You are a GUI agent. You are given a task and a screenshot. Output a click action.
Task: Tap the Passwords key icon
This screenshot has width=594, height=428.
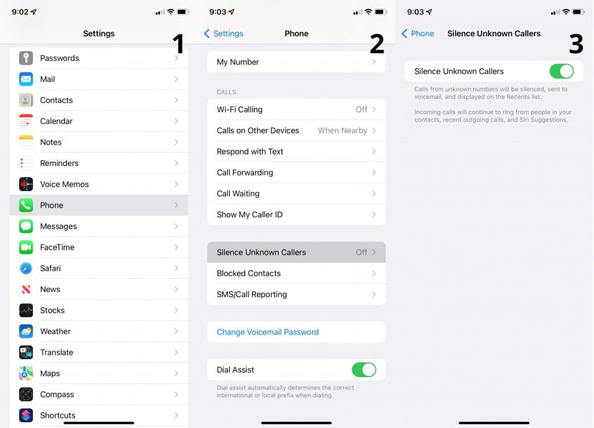[x=26, y=58]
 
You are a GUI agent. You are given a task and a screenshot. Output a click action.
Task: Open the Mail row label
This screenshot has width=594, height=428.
[x=48, y=79]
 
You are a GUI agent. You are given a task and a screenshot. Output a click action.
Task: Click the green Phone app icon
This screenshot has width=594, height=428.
[x=26, y=205]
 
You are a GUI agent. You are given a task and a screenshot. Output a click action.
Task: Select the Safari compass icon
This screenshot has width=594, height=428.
[x=26, y=268]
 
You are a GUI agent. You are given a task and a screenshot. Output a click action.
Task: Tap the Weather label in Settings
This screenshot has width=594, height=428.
[x=55, y=332]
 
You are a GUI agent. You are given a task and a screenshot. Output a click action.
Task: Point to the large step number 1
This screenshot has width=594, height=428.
[x=178, y=44]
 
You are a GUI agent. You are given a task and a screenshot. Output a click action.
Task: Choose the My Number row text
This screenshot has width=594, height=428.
[x=238, y=62]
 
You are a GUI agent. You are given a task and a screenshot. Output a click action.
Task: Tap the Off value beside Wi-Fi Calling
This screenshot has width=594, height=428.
[x=361, y=109]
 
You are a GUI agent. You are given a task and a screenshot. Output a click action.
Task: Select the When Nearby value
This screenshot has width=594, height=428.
[x=342, y=131]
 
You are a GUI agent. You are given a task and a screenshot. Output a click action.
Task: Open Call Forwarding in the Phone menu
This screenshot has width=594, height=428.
[x=245, y=172]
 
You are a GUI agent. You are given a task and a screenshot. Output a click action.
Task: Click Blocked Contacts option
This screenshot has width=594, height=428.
[x=249, y=274]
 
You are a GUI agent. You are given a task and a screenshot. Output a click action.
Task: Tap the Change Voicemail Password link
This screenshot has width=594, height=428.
[x=267, y=332]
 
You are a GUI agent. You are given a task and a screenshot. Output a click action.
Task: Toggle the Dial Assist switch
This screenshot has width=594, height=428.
[x=364, y=370]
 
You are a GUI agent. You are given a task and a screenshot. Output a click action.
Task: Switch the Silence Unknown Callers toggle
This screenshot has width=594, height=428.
[x=561, y=71]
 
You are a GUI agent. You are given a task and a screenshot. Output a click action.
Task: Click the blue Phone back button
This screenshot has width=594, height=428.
[x=418, y=34]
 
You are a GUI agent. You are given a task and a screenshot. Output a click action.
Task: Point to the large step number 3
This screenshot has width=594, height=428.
[x=575, y=44]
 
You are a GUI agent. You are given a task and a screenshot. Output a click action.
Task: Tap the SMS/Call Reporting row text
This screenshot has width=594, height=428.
[x=252, y=294]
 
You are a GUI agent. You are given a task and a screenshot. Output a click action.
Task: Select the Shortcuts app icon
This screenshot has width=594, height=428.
[x=26, y=415]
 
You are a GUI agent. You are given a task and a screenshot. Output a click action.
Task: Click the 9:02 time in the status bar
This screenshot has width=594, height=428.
[x=20, y=12]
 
